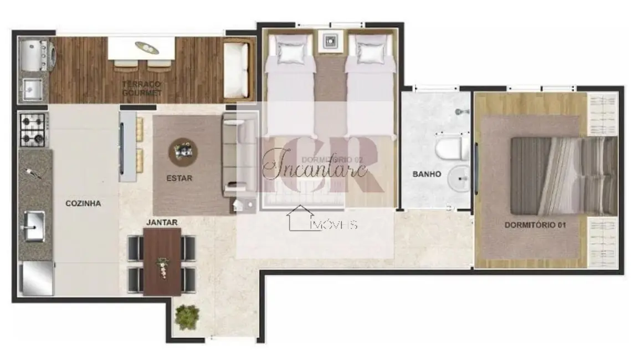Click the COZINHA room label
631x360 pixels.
83,203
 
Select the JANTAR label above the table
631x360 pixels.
162,222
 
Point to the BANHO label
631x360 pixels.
427,174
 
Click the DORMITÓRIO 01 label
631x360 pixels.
531,225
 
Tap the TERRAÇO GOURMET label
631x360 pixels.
142,88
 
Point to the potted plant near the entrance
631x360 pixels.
187,316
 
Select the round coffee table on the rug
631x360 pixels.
183,149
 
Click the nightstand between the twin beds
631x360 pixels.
331,41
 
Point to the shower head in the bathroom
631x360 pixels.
459,112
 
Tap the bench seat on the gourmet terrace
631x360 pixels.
236,69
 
